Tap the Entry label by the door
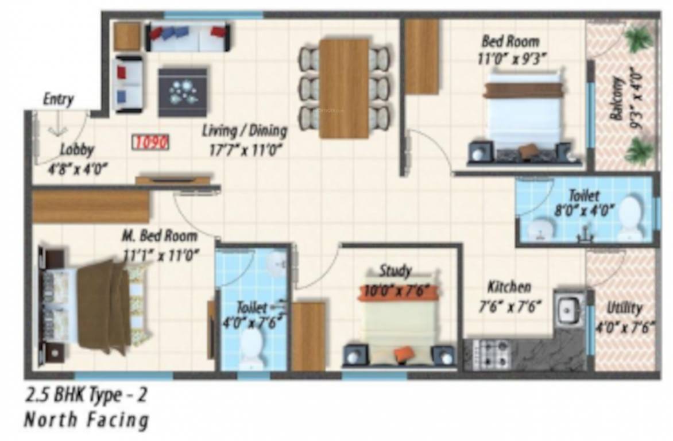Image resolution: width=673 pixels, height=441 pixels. [58, 99]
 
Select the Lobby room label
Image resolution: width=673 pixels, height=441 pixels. [77, 150]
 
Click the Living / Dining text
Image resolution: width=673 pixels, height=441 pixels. [244, 130]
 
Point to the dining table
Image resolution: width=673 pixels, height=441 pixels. [343, 88]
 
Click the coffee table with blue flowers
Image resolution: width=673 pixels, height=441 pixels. [183, 92]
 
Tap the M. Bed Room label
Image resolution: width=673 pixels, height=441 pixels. [159, 236]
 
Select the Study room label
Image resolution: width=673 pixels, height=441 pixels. [395, 270]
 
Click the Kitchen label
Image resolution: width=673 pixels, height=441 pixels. [509, 287]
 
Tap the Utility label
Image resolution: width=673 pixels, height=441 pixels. [624, 308]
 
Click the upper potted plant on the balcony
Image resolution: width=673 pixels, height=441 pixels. [638, 39]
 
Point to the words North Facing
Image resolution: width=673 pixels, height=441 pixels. [86, 420]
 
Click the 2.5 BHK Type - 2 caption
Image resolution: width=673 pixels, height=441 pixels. [90, 396]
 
